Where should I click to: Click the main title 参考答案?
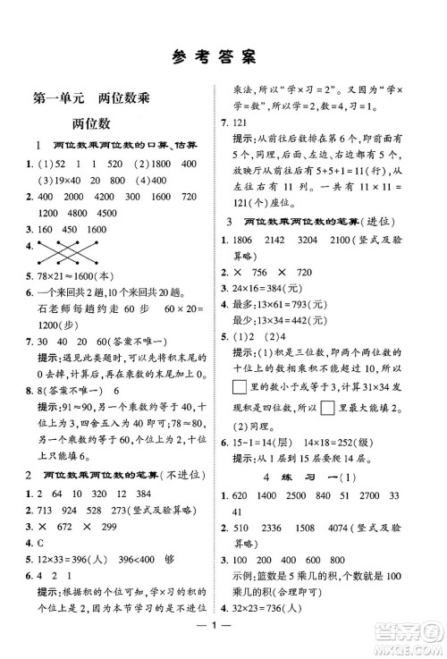click(223, 58)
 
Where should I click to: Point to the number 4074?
click(375, 553)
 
